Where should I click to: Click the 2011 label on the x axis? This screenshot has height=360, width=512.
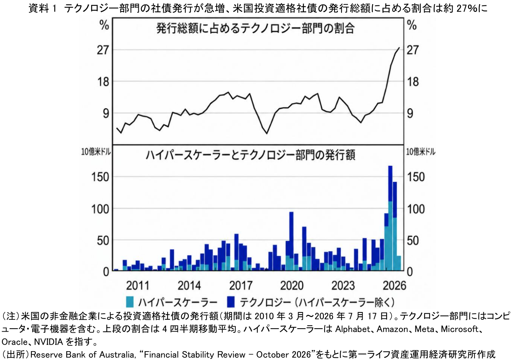point(138,286)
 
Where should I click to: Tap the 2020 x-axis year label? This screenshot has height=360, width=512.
point(292,286)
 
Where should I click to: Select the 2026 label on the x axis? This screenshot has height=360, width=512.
point(394,286)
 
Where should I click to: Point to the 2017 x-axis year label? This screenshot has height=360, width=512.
point(241,286)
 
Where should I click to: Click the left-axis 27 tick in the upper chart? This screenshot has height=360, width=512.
point(103,50)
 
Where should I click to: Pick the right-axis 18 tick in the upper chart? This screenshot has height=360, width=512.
point(413,82)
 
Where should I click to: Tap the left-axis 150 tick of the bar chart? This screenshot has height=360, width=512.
point(100,177)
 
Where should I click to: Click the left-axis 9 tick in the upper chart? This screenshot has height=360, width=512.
point(106,113)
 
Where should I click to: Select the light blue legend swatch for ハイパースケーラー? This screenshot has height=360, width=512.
point(130,302)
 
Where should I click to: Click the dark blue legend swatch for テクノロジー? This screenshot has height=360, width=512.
point(231,302)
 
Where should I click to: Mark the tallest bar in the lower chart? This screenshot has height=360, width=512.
point(391,218)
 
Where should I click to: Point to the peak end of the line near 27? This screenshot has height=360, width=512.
point(399,48)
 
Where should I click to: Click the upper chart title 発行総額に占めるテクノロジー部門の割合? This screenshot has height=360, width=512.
point(256,29)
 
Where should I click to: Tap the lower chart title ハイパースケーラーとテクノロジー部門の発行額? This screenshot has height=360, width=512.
point(250,155)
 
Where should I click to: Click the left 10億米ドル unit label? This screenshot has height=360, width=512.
point(96,152)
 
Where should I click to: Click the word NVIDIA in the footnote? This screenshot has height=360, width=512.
point(48,342)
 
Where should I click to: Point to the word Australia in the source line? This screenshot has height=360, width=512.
point(117,355)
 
